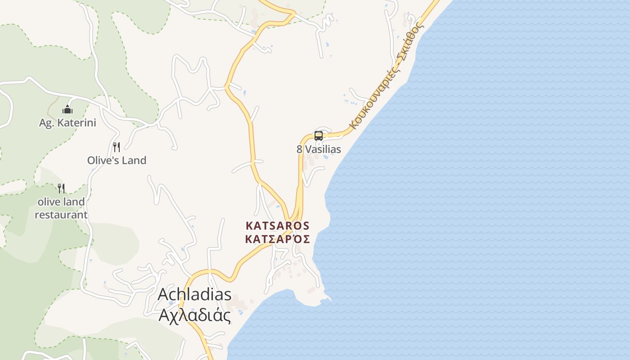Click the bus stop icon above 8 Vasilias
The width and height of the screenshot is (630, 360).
pyautogui.click(x=319, y=135)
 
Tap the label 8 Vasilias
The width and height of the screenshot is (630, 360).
pyautogui.click(x=319, y=149)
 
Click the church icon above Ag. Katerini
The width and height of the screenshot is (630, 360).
pyautogui.click(x=67, y=109)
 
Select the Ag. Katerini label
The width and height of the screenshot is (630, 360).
pyautogui.click(x=67, y=123)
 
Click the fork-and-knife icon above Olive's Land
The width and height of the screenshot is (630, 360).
pyautogui.click(x=117, y=147)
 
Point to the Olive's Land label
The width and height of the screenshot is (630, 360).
pyautogui.click(x=117, y=160)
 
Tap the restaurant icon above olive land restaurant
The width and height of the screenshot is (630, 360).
pyautogui.click(x=61, y=188)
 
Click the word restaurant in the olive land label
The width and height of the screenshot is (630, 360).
pyautogui.click(x=61, y=215)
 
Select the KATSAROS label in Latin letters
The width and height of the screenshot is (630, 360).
pyautogui.click(x=278, y=225)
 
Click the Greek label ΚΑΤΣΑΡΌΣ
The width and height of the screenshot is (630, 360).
pyautogui.click(x=278, y=239)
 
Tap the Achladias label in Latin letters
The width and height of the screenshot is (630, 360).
pyautogui.click(x=194, y=295)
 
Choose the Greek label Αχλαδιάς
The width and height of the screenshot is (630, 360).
pyautogui.click(x=194, y=315)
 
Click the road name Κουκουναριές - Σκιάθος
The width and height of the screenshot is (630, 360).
pyautogui.click(x=387, y=76)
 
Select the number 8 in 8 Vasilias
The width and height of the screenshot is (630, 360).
pyautogui.click(x=299, y=149)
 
